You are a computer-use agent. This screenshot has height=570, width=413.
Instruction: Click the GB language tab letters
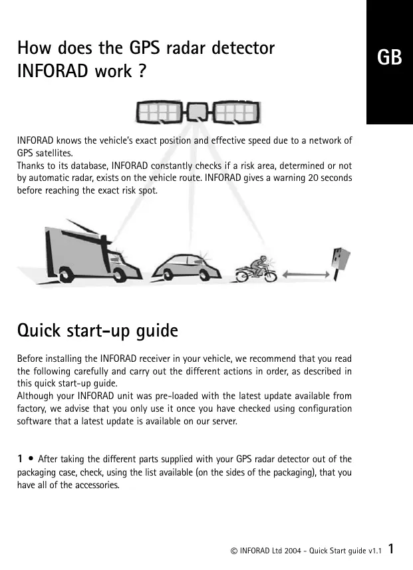(390, 58)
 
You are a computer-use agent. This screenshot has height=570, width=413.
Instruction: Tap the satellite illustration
(198, 114)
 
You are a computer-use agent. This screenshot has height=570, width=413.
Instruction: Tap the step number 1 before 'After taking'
(21, 458)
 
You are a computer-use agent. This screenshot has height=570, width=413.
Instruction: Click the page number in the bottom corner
(392, 549)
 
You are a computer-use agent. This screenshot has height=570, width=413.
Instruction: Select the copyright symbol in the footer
(233, 551)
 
